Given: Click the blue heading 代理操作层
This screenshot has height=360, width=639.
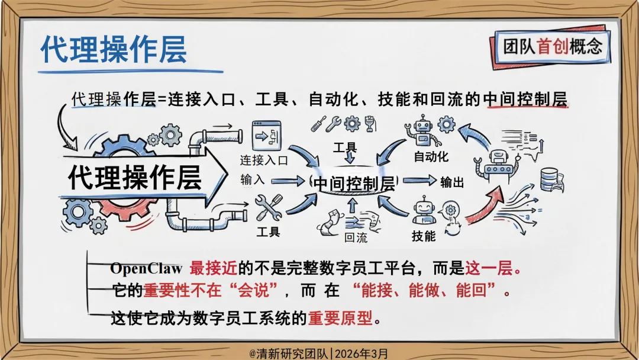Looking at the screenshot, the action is (x=114, y=49).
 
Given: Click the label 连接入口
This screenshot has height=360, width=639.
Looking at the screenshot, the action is (x=264, y=160).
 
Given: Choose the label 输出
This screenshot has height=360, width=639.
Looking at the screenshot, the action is (x=452, y=182).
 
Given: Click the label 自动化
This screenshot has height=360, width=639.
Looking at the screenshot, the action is (x=431, y=157).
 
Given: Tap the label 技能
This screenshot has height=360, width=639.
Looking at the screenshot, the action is (x=424, y=236).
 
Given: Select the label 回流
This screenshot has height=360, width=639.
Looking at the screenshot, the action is (x=356, y=238).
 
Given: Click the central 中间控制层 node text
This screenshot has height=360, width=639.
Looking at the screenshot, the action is (x=354, y=183).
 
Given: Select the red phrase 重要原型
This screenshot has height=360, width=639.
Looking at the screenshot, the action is (x=341, y=318).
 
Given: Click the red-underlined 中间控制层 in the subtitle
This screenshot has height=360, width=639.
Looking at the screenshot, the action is (x=525, y=99).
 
